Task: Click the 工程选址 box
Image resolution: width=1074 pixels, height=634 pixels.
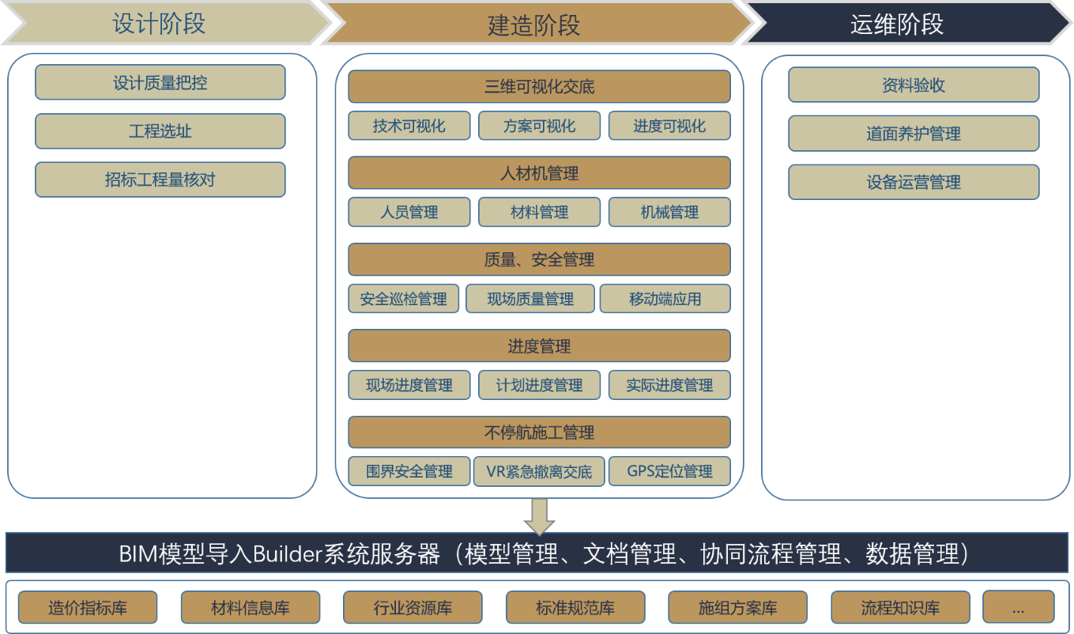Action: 160,131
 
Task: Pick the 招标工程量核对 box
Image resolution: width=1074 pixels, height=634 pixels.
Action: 160,179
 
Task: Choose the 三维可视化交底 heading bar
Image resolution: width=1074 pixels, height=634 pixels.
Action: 540,86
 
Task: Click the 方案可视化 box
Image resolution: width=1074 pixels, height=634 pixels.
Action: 540,126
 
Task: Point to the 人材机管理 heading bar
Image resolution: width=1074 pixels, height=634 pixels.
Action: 540,172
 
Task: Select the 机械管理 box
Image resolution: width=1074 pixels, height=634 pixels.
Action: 670,212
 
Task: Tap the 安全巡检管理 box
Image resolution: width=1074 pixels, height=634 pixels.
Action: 404,299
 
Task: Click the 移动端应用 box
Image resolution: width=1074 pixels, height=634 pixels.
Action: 665,299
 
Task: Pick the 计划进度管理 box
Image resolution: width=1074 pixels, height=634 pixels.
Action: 540,385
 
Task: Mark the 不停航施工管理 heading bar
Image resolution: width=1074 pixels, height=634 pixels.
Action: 540,432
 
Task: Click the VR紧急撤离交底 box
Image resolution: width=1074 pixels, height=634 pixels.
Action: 540,471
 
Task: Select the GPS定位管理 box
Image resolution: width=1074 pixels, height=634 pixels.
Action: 670,471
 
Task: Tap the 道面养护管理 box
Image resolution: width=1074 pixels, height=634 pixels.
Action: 914,134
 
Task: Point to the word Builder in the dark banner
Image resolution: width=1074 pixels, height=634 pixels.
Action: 288,554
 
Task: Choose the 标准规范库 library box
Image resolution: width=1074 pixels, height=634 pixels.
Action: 575,608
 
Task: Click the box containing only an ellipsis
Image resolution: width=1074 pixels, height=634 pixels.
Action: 1019,608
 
